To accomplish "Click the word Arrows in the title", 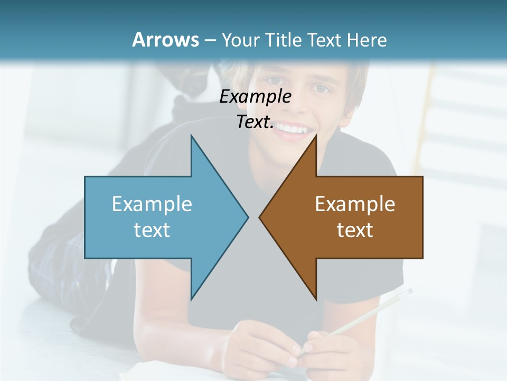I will point(165,40).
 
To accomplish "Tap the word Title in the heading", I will point(284,40).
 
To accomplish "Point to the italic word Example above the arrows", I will point(256,96).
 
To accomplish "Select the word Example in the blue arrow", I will point(152,204).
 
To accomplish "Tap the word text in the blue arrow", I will point(152,230).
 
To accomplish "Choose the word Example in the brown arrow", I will point(355,204).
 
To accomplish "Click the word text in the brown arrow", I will point(355,230).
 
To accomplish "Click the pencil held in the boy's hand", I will point(370,312).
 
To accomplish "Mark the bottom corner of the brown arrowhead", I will point(316,299).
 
